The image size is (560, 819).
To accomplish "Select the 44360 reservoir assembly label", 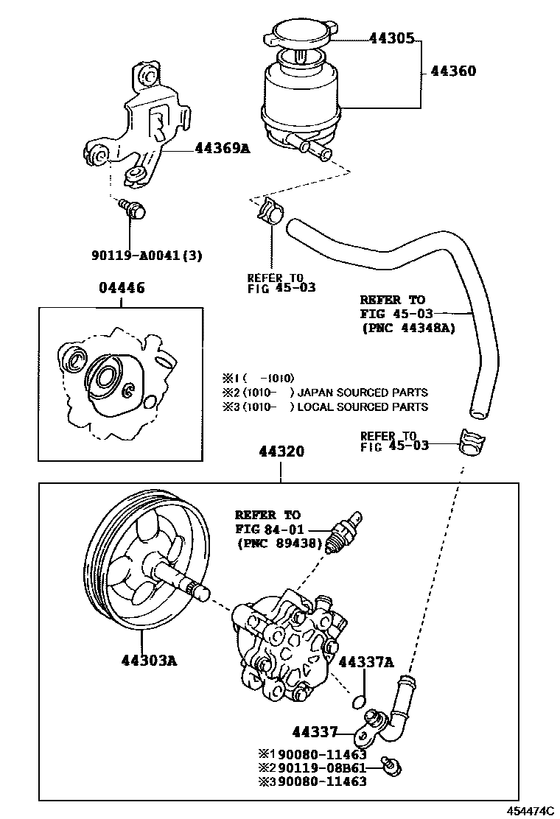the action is click(x=452, y=72).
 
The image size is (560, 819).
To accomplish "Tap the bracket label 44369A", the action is click(x=222, y=148).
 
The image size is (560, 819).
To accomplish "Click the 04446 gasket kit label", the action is click(x=122, y=287).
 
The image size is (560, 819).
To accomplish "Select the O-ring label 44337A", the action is click(x=366, y=661).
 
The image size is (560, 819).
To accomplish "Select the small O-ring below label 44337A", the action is click(x=360, y=698).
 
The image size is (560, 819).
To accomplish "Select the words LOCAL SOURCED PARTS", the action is click(x=363, y=407).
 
